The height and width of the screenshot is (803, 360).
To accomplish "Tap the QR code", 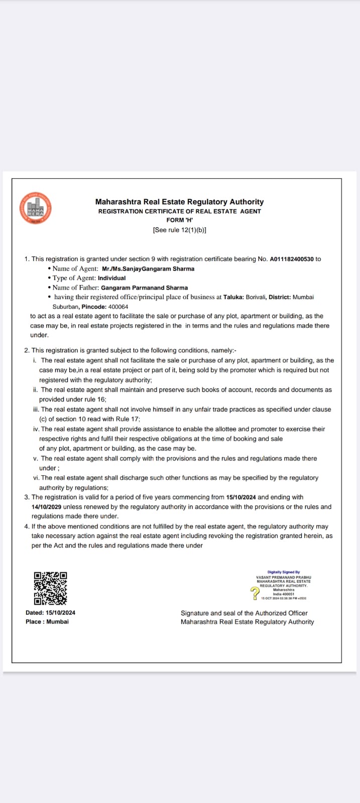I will (x=50, y=588).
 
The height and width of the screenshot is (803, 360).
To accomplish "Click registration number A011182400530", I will (x=292, y=259).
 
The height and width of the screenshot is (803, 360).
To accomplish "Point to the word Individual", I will (x=111, y=278).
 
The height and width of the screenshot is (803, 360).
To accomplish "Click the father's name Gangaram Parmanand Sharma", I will (x=144, y=288).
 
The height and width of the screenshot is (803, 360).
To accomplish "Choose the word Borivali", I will (x=256, y=297).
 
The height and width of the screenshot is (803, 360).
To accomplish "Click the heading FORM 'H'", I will (x=179, y=220).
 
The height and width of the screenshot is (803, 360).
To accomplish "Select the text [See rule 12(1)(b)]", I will (x=179, y=230).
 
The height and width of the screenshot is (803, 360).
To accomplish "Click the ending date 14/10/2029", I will (x=46, y=507).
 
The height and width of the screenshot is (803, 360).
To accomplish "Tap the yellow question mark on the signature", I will (x=255, y=593).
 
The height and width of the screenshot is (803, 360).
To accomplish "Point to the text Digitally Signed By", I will (x=284, y=572).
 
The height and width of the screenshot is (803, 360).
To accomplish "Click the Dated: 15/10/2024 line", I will (x=50, y=613).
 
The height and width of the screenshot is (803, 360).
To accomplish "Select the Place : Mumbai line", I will (x=47, y=622).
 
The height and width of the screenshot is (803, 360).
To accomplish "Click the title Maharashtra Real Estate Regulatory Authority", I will (x=179, y=202).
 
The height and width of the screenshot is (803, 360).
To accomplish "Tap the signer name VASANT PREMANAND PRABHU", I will (x=284, y=577).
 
